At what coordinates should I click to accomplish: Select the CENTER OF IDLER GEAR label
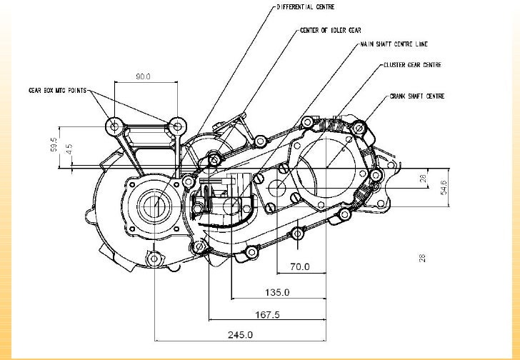(331, 31)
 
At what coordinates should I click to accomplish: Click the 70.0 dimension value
(299, 267)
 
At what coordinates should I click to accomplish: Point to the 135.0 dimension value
(277, 291)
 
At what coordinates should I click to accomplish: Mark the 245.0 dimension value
(240, 334)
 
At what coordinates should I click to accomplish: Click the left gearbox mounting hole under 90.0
(114, 126)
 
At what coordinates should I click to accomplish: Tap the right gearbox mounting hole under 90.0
(176, 126)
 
